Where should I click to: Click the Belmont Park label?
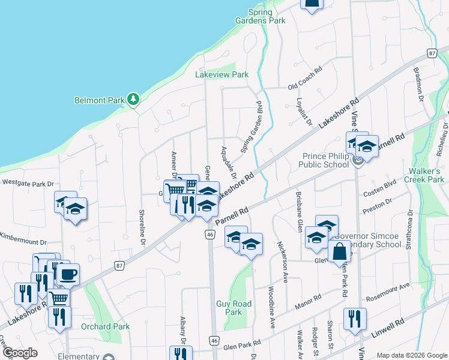tap(98, 100)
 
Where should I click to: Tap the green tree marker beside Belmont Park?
tap(133, 99)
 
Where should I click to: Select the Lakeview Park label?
tap(221, 74)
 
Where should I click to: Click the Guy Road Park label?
tap(234, 308)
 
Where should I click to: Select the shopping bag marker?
tap(339, 252)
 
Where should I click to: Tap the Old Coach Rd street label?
tap(305, 86)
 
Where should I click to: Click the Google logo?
tap(20, 353)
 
